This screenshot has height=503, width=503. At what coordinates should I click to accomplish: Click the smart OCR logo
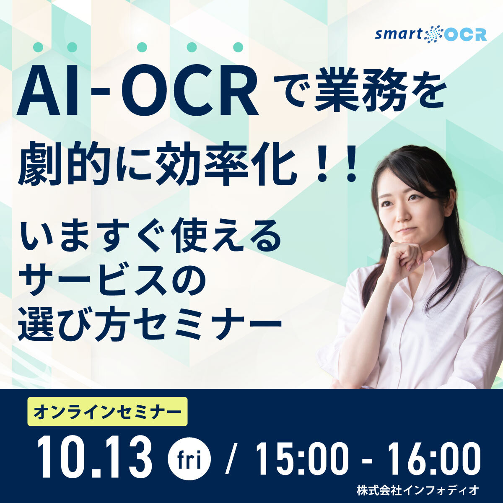coord(431,34)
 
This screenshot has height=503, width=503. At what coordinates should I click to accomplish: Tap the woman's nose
coord(402,216)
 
